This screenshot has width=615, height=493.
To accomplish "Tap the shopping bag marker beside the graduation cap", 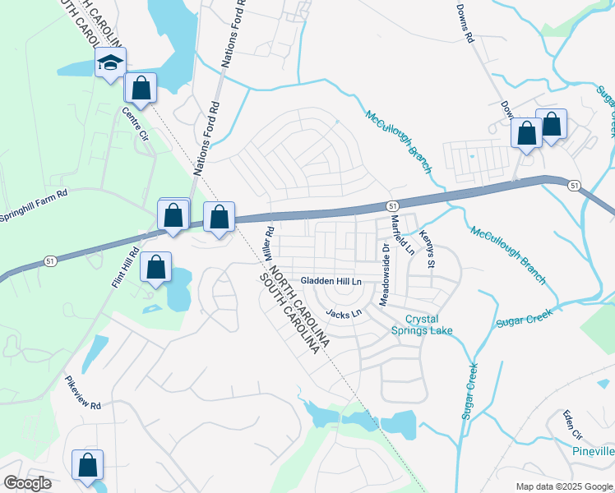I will (x=141, y=88).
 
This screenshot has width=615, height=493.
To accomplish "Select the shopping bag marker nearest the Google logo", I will (x=88, y=465).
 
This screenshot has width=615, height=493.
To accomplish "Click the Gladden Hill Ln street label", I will (x=331, y=281).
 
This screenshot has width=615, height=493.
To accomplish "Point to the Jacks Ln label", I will (x=344, y=313).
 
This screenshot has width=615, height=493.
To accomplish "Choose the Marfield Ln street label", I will (x=402, y=233).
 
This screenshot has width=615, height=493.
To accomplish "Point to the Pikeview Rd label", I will (x=83, y=405).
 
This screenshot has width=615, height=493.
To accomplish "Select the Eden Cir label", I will (x=572, y=425).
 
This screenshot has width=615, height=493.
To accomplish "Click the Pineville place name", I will (x=593, y=451).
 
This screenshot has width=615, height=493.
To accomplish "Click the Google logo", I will (x=27, y=482).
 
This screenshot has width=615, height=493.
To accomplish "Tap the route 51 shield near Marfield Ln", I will (x=393, y=205).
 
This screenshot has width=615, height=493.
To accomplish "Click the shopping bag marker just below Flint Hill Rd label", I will (x=155, y=267).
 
